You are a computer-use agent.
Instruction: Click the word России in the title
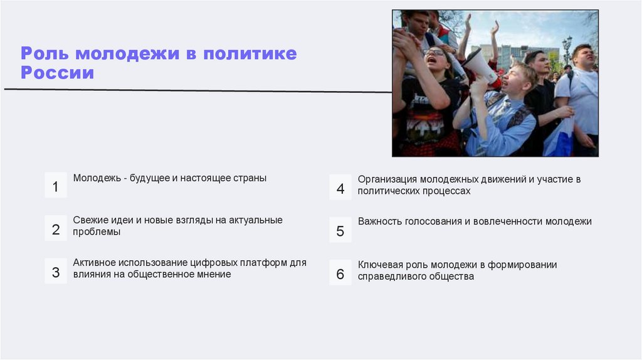pyautogui.click(x=57, y=73)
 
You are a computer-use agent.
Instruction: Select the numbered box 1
pyautogui.click(x=55, y=186)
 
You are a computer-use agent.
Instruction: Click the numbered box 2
pyautogui.click(x=55, y=229)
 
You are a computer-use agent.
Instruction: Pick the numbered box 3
pyautogui.click(x=55, y=272)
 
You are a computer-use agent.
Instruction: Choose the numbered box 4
pyautogui.click(x=340, y=188)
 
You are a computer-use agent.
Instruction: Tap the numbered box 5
pyautogui.click(x=340, y=230)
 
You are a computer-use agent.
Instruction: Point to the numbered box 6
pyautogui.click(x=340, y=273)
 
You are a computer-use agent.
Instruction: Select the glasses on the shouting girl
pyautogui.click(x=434, y=52)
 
